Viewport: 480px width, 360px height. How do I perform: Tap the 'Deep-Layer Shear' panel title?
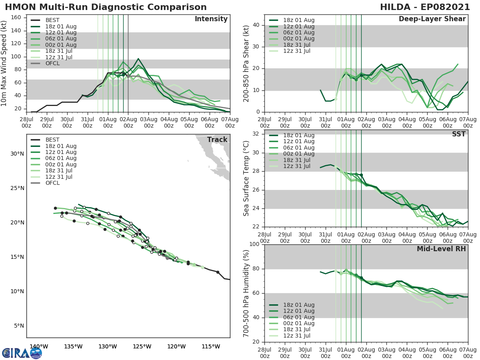(432, 19)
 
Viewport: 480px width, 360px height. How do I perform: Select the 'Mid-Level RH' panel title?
(441, 249)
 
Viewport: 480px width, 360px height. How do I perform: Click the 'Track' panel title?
(217, 140)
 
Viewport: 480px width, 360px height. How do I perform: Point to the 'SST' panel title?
(458, 134)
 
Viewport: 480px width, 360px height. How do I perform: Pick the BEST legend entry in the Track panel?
(52, 140)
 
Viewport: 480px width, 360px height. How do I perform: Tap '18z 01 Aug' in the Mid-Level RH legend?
(298, 305)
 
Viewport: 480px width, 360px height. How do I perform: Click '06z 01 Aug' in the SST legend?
(298, 148)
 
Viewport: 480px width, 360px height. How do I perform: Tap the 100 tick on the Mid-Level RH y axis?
(254, 244)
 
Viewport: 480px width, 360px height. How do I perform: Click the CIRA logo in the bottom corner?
(22, 353)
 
